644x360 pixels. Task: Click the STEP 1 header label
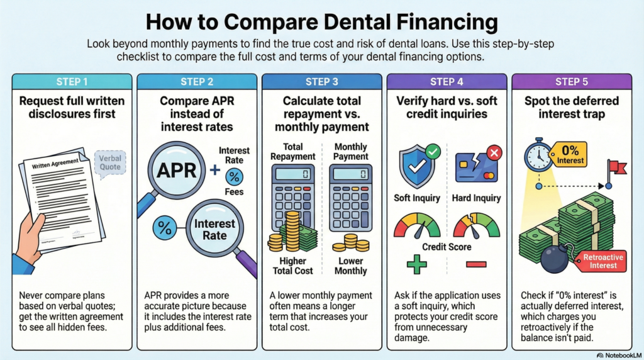[x=72, y=82]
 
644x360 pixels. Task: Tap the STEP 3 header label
[x=321, y=82]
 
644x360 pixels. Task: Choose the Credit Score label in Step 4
[x=447, y=247]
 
